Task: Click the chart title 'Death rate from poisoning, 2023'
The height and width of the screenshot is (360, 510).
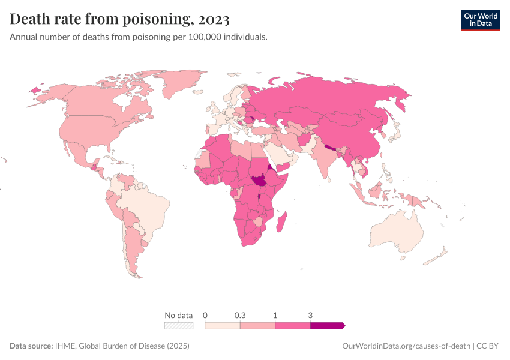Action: click(119, 20)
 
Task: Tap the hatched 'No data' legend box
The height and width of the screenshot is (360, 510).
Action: click(179, 325)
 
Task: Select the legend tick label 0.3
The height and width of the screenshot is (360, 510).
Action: click(240, 315)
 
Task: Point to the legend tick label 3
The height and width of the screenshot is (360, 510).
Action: click(310, 315)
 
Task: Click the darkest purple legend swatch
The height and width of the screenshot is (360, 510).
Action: click(326, 325)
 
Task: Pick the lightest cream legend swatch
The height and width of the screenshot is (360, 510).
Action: click(223, 325)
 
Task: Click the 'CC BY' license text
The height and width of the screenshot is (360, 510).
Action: click(488, 346)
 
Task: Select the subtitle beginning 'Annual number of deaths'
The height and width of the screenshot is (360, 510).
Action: click(139, 37)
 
